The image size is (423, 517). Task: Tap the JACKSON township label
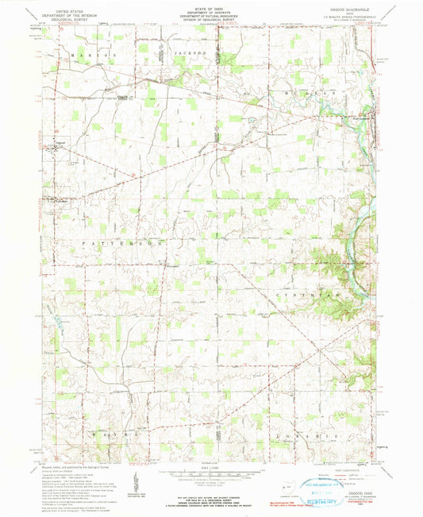tap(188, 53)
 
